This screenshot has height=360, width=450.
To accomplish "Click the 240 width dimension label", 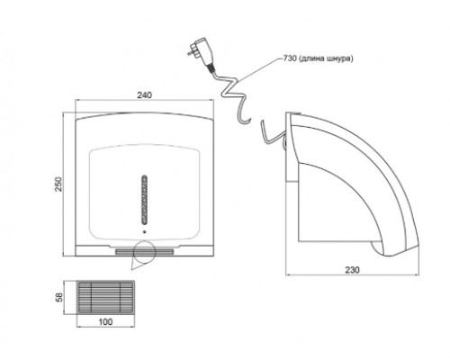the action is [x=145, y=95].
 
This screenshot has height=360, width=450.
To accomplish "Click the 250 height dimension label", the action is [x=58, y=184].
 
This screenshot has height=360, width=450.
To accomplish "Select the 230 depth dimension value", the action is [x=352, y=270].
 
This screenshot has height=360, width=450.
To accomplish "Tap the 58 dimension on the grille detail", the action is [x=59, y=297].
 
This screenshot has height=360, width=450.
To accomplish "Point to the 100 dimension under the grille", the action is [x=105, y=322].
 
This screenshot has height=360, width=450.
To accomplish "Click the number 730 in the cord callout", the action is [x=290, y=58].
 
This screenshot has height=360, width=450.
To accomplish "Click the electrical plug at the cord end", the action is [x=201, y=51].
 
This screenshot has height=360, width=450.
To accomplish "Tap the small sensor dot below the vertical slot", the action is [x=145, y=231].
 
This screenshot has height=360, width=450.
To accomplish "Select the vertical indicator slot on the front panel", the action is [x=145, y=199].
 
